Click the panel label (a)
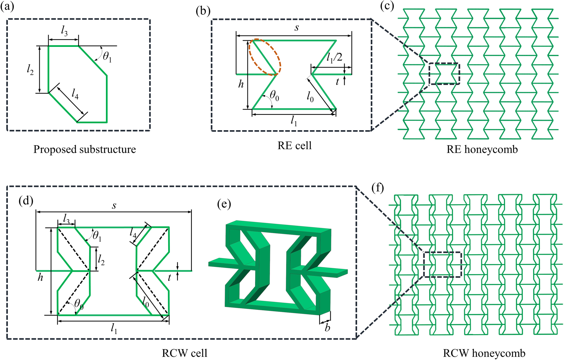(x=7, y=6)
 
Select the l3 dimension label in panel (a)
(x=64, y=31)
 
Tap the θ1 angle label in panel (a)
(x=107, y=57)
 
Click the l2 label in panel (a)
(x=30, y=70)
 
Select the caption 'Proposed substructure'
(x=85, y=150)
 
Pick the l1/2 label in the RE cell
(x=334, y=58)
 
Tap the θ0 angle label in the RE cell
(x=274, y=96)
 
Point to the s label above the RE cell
(x=297, y=28)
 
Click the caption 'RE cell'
(x=294, y=146)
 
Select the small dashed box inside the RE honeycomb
(x=444, y=64)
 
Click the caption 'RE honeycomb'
(x=482, y=150)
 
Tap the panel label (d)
(x=26, y=200)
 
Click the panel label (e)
(x=224, y=204)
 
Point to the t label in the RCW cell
(x=170, y=278)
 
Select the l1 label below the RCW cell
(x=113, y=328)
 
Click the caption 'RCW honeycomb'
(x=484, y=353)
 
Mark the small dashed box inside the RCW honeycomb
(x=442, y=252)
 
